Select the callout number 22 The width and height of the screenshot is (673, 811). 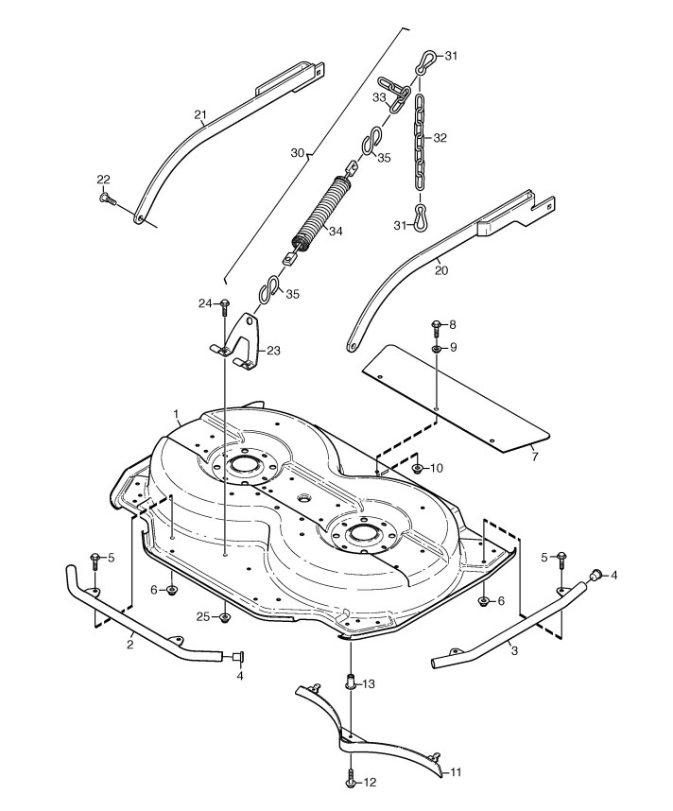104,180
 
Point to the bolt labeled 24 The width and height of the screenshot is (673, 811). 225,305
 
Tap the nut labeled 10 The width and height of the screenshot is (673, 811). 417,468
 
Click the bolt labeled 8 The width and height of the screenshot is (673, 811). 436,327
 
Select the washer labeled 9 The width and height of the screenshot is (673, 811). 436,349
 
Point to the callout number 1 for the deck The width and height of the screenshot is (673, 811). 176,414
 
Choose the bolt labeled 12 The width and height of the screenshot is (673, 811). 352,781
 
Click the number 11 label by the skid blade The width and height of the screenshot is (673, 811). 456,772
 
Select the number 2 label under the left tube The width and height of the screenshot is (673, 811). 129,643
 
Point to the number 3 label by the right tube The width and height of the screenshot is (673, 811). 513,651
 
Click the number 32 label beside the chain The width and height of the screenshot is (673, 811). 440,137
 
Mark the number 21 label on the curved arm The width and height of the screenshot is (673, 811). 199,115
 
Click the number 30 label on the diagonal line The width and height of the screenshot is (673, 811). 297,152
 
